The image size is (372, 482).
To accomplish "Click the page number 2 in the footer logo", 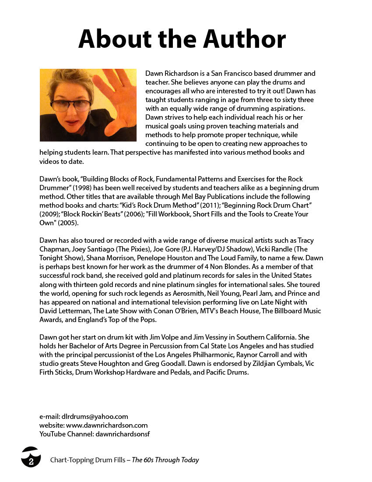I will [31, 462].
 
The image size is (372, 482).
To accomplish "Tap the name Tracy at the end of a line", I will [305, 240].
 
